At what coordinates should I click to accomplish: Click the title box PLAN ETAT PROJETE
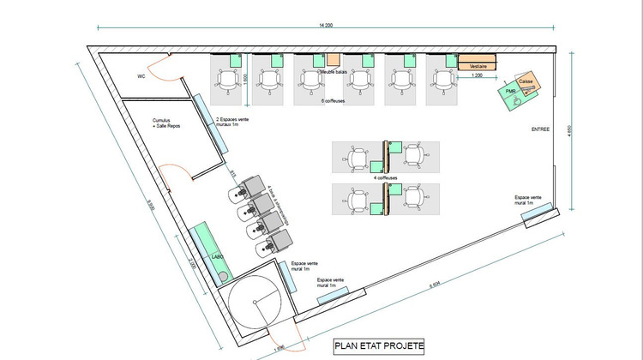378,346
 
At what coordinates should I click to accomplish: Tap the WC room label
141,76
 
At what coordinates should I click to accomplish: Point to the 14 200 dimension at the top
325,26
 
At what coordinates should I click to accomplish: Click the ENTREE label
541,131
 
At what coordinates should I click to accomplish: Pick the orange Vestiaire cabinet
478,66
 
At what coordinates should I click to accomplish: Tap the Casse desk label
526,81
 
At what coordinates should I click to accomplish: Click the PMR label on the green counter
510,90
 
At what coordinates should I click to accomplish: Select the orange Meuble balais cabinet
334,60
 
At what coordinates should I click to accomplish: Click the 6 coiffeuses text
334,101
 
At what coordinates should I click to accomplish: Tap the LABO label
217,256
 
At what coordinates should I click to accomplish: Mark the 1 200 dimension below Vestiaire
477,77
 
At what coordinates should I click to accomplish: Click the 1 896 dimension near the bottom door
279,348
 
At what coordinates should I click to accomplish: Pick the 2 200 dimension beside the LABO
192,266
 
